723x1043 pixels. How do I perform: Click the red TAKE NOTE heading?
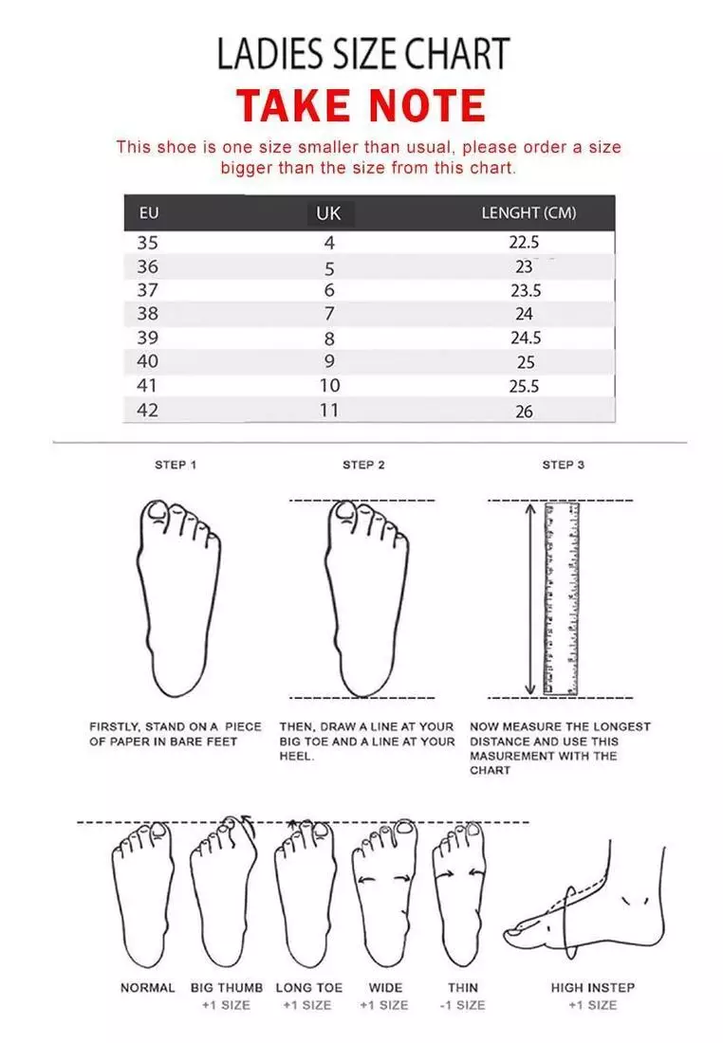point(361,105)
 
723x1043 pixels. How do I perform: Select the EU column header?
point(149,212)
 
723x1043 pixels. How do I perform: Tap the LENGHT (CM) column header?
point(528,212)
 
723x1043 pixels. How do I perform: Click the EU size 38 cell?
point(148,313)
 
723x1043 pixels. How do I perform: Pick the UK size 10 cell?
point(329,386)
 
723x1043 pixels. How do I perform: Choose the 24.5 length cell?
point(525,338)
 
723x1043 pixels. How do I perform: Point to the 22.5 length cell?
point(525,242)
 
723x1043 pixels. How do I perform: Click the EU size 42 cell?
point(148,410)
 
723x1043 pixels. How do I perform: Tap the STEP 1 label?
point(176,465)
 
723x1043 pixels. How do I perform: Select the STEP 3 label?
point(563,465)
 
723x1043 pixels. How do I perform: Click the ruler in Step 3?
point(561,599)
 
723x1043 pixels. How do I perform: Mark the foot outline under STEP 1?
point(177,597)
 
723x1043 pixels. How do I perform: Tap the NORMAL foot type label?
point(147,987)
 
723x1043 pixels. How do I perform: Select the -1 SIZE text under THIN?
point(463,1005)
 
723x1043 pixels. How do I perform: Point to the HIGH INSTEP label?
point(593,987)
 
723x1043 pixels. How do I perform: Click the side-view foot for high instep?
point(588,901)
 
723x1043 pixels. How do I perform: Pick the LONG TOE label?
point(309,987)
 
